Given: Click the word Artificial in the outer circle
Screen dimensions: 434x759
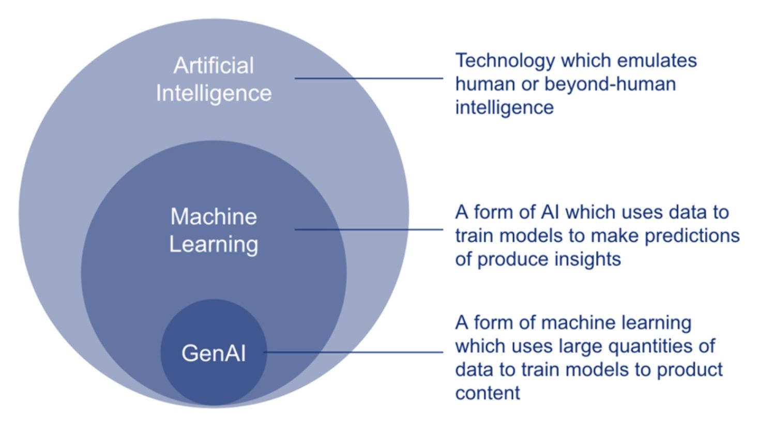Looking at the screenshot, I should click(x=214, y=66).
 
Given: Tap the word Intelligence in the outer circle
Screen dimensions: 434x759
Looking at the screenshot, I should click(x=214, y=94).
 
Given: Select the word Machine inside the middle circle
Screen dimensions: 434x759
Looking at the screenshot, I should click(x=214, y=216).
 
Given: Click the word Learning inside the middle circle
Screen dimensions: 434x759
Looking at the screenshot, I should click(x=214, y=244).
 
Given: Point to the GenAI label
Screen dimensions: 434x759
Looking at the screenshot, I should click(x=213, y=353).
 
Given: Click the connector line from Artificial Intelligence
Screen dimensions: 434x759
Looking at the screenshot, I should click(x=369, y=79).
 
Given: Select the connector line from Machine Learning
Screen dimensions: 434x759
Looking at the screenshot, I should click(x=369, y=229).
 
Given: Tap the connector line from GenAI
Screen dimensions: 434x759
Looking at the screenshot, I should click(x=354, y=352).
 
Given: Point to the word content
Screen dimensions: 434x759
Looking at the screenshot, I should click(x=488, y=393).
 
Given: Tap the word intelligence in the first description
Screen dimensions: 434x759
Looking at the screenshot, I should click(x=504, y=107).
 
